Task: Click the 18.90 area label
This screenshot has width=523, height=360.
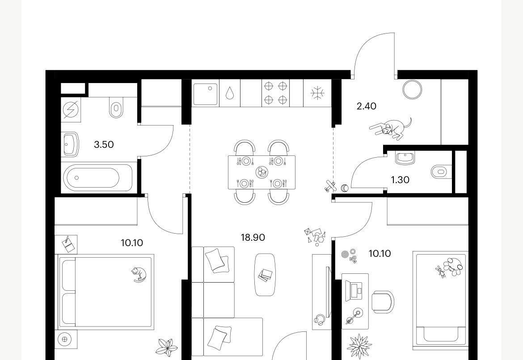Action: coord(253,237)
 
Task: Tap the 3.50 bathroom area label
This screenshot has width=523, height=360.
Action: coord(104,145)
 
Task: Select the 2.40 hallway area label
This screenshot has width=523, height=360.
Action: coord(366,106)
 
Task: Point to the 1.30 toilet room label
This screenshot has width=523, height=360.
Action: coord(400,180)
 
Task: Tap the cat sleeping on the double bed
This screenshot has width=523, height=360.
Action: coord(139,274)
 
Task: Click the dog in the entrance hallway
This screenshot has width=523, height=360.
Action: coord(391,128)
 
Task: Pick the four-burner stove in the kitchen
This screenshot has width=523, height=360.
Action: coord(275,93)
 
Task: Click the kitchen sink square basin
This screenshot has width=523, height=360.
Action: coord(205,94)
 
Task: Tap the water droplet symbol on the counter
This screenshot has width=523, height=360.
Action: coord(229,93)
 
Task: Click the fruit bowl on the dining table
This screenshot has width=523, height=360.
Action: coord(261,173)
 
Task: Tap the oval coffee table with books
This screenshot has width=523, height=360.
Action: coord(265,275)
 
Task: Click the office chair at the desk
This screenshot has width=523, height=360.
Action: coord(383,301)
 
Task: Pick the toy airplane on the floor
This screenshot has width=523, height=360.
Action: coord(329,186)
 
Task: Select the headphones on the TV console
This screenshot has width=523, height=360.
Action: coord(319,320)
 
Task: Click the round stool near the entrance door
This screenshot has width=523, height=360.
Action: coord(412,89)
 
